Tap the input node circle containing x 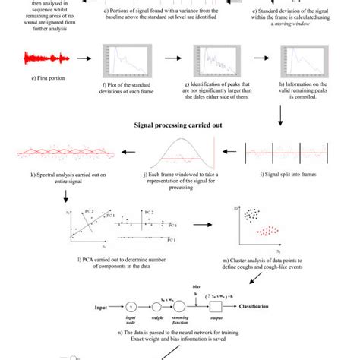(x=130, y=308)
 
